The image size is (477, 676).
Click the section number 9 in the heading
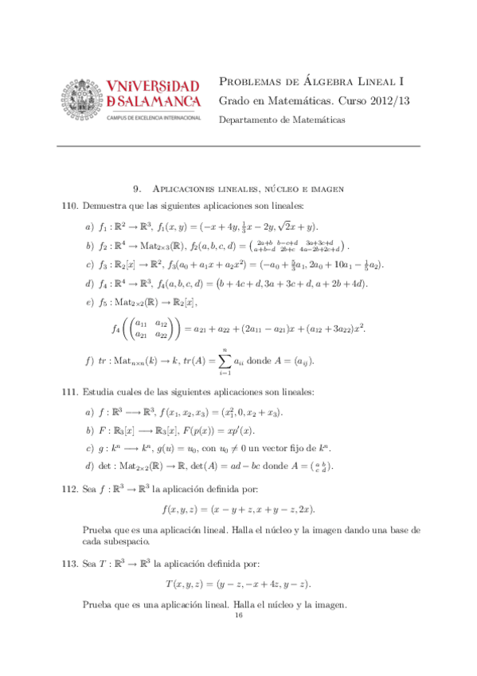[137, 189]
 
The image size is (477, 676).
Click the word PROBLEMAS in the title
[252, 81]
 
